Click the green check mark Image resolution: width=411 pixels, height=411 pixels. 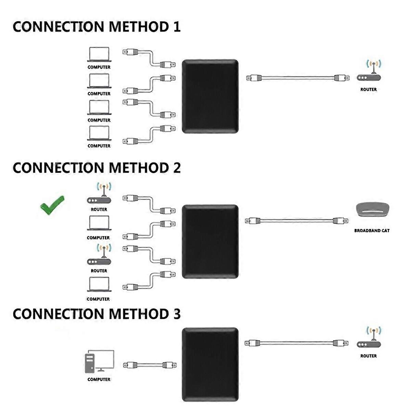tap(52, 205)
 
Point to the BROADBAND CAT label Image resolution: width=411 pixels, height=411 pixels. tap(372, 231)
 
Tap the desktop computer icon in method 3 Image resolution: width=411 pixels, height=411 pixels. tap(99, 361)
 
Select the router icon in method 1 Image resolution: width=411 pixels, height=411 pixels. tap(369, 73)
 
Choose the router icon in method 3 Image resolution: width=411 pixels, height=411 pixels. tap(369, 339)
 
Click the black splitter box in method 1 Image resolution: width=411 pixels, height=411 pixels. tap(210, 96)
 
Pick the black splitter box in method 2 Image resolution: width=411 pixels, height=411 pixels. tap(210, 241)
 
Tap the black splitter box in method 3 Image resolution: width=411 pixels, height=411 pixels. tap(210, 364)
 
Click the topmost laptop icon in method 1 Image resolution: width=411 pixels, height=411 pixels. tap(99, 54)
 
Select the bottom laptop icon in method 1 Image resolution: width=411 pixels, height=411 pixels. tap(99, 133)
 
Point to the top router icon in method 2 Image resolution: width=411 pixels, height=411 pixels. tap(99, 195)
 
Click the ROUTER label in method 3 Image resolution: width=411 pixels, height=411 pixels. tap(369, 356)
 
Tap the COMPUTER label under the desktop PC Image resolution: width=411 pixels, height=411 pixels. tap(99, 379)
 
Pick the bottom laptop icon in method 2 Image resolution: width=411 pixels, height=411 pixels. tap(99, 285)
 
